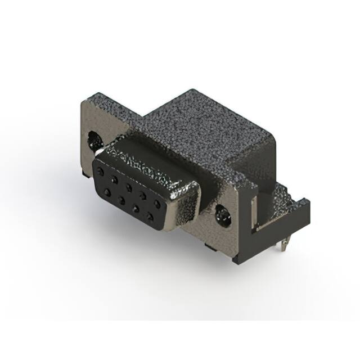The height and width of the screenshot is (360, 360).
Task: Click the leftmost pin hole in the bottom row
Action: click(106, 192)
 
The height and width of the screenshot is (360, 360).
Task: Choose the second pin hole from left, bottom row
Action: click(120, 199)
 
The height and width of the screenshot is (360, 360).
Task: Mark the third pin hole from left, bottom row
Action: click(134, 206)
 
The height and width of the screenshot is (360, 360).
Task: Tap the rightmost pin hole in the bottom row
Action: click(150, 214)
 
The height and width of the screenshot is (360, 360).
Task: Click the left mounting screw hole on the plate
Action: click(93, 137)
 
